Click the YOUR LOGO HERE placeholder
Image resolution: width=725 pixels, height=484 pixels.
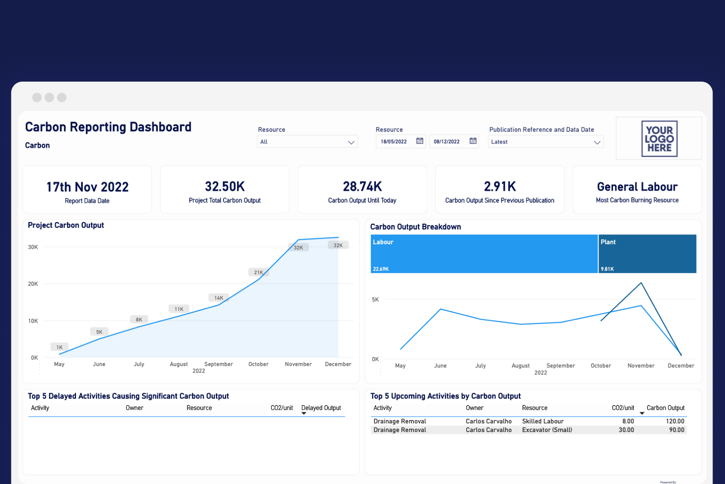click(659, 139)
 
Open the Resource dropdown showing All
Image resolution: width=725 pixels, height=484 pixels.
click(307, 142)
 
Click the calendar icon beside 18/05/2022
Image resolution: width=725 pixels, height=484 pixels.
click(419, 141)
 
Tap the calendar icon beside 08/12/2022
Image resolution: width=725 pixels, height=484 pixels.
click(473, 141)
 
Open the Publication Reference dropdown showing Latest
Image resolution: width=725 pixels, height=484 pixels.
click(545, 142)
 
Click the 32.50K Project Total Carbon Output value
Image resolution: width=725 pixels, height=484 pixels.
click(225, 187)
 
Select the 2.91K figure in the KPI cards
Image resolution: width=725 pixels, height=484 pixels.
click(500, 187)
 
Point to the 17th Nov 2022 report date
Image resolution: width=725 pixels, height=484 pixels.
click(87, 187)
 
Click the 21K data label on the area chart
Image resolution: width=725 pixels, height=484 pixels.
click(258, 272)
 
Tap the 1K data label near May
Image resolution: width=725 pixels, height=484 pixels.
click(59, 347)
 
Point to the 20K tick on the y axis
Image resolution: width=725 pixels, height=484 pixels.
click(33, 284)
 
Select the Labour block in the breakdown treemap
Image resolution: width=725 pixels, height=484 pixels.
click(484, 254)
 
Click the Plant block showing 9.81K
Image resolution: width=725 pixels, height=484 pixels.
click(647, 254)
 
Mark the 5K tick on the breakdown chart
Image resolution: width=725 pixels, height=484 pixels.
click(375, 300)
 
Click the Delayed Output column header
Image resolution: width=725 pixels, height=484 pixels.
click(321, 408)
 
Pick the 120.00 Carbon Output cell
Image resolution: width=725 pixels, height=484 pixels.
click(675, 421)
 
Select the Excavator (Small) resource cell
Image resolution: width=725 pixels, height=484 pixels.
click(547, 430)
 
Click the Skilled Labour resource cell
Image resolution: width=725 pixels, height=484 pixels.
click(543, 421)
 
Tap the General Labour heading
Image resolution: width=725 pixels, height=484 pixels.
click(637, 187)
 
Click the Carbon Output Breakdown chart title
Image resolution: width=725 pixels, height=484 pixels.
click(415, 227)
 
